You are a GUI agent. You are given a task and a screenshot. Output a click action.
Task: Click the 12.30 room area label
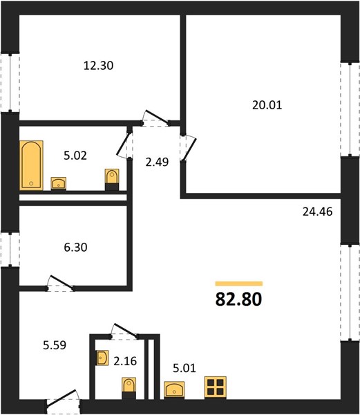pos(98,66)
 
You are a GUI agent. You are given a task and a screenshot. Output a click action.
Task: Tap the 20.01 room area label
pos(267,105)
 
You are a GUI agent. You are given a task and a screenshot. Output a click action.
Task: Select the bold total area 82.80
pos(238,299)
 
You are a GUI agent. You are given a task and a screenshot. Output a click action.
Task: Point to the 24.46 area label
pos(317,212)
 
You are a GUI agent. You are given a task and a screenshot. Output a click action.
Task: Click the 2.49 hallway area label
pos(157,162)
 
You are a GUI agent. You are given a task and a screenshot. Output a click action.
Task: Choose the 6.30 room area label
pos(75,247)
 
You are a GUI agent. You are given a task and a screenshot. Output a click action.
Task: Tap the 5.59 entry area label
pos(55,345)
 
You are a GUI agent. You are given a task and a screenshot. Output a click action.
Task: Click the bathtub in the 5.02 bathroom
pos(32,165)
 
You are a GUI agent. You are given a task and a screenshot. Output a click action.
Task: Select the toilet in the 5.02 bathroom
pos(112,179)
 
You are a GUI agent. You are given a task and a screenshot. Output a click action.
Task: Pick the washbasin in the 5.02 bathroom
pos(59,183)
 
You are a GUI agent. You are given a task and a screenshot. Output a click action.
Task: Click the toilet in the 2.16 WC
pos(129,388)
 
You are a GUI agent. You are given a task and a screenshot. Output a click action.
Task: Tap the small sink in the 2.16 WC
pos(102,358)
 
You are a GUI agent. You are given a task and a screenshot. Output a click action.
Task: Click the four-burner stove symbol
pos(216,387)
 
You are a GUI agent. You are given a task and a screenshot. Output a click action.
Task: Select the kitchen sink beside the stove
pos(174,389)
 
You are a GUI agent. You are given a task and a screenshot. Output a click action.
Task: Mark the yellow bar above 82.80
pos(239,284)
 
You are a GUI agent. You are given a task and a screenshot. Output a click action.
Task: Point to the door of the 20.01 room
pos(189,148)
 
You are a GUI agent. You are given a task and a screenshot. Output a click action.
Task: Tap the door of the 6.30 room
pos(61,282)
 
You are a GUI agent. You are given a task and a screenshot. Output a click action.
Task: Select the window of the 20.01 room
pos(350,109)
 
